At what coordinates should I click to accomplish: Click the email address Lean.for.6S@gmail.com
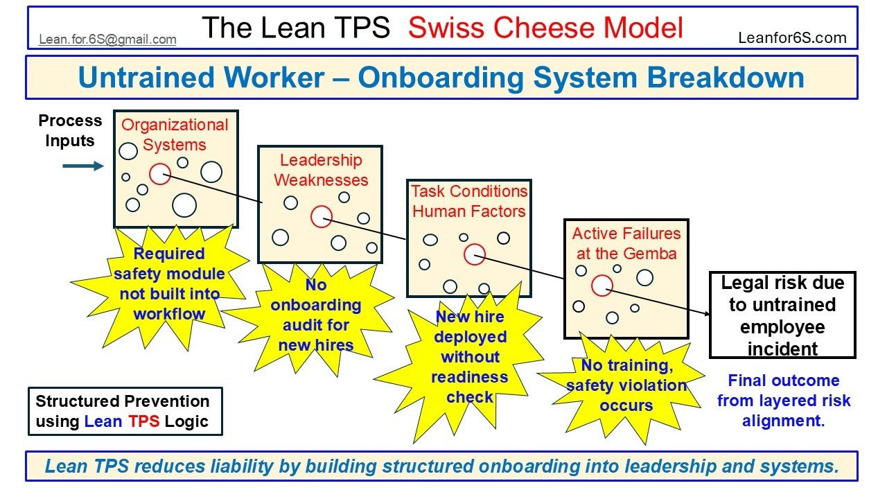pos(107,40)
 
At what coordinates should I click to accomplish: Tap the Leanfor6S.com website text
pos(792,38)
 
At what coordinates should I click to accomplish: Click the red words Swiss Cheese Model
pos(545,28)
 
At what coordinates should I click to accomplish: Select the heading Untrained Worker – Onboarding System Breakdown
pos(441,78)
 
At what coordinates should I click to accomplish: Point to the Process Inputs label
pos(70,130)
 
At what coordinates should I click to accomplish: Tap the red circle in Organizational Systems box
pos(160,174)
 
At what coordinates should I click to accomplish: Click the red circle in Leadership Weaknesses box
pos(321,217)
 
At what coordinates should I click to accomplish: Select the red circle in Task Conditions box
pos(475,254)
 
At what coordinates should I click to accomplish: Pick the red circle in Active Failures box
pos(601,285)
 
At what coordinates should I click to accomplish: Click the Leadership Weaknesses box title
pos(321,170)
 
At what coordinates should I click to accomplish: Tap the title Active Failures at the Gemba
pos(626,243)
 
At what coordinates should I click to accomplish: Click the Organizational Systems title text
pos(175,135)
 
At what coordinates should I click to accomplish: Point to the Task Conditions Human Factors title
pos(469,201)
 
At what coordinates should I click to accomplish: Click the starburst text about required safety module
pos(169,283)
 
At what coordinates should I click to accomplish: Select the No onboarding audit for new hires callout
pos(316,315)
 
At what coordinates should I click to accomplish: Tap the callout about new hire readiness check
pos(470,357)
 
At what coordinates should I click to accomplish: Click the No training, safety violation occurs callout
pos(626,385)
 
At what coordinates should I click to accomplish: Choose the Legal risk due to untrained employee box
pos(782,315)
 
